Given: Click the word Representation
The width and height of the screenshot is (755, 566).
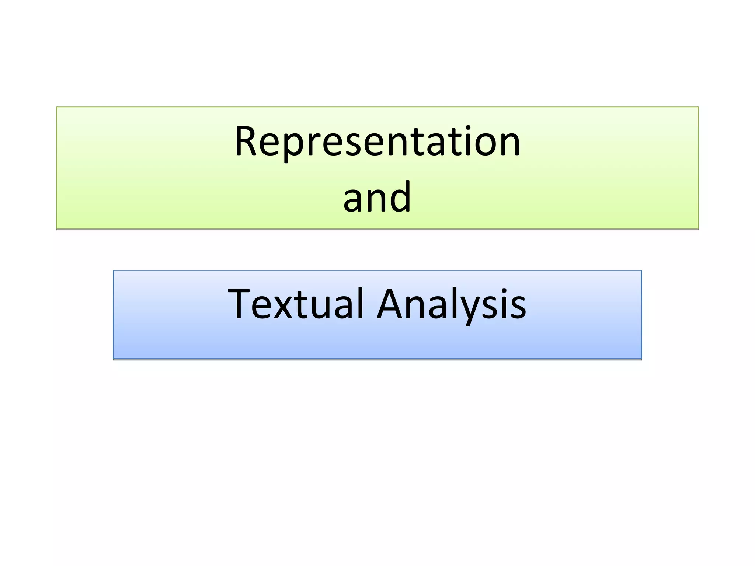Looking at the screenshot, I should tap(377, 142).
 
